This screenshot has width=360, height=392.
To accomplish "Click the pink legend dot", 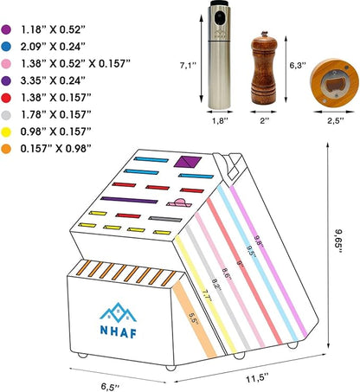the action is (6, 64).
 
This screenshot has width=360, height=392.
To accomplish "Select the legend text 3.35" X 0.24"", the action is (53, 80).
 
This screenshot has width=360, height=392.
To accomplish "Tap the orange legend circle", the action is (6, 149).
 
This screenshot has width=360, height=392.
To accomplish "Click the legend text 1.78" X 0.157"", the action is (55, 115).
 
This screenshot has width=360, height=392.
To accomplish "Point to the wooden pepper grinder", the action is (264, 68).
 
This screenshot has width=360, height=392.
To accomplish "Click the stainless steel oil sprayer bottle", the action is (219, 55).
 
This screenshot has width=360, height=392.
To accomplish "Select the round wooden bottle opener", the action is (334, 82).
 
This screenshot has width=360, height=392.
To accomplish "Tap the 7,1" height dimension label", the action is (188, 66).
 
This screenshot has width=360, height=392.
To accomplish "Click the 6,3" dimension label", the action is (298, 66).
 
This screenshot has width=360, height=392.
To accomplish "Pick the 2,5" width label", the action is (336, 120).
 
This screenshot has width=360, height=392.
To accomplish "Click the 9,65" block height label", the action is (338, 241).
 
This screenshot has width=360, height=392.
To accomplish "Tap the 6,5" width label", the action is (110, 387).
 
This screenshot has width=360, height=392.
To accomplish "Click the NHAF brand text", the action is (119, 331).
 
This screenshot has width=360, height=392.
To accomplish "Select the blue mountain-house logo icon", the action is (118, 312).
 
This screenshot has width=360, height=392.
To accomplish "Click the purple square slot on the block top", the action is (187, 162).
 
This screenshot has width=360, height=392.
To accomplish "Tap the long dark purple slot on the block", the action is (129, 200).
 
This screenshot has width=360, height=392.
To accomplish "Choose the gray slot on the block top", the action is (165, 219).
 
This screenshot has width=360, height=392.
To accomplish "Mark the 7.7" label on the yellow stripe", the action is (207, 296).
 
